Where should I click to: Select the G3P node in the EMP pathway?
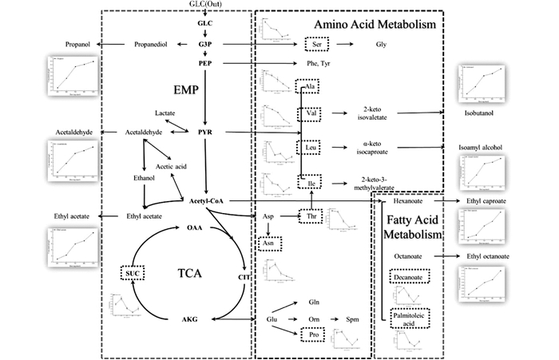pos(206,44)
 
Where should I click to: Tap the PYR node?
pos(206,131)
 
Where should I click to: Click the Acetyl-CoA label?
pos(207,200)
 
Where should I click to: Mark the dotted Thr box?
pos(311,216)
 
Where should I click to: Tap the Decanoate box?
pos(410,276)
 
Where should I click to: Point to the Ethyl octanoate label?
pos(488,256)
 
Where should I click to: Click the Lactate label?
pos(166,114)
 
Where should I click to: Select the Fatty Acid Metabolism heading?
pos(413,227)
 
